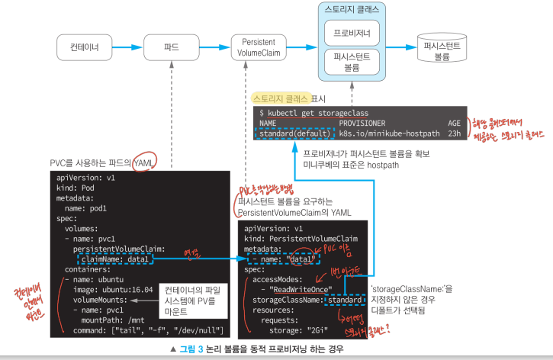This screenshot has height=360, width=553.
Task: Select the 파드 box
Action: pyautogui.click(x=172, y=47)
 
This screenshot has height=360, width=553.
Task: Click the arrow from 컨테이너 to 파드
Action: pyautogui.click(x=129, y=47)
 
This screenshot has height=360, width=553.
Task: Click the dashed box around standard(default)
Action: pyautogui.click(x=294, y=133)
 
